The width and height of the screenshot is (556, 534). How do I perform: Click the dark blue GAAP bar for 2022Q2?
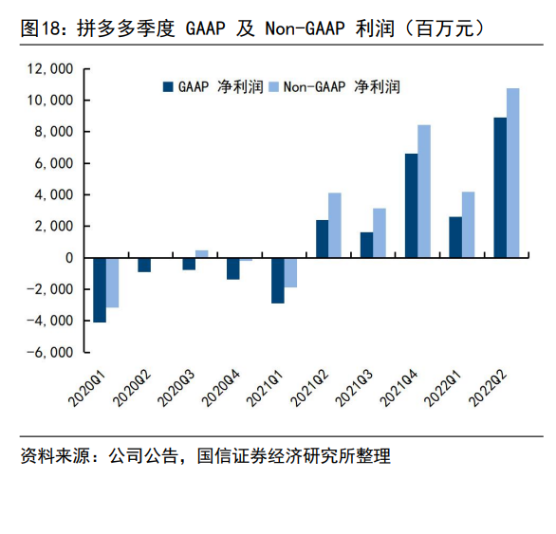coord(500,187)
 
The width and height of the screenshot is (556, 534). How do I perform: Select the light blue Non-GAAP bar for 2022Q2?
coord(512,173)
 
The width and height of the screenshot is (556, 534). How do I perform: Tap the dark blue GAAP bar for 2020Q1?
coord(100,290)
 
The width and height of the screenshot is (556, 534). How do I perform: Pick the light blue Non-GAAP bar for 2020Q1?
coord(112,283)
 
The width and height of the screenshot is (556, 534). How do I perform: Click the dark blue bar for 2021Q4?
coord(412,206)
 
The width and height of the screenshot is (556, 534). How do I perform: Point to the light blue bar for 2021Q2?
coord(335,225)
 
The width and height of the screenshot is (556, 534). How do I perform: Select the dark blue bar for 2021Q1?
coord(278,281)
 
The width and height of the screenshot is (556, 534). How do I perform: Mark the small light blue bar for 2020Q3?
coord(202,254)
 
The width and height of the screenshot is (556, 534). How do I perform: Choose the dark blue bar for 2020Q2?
coord(144,266)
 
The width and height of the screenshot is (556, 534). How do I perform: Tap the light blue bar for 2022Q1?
coord(468,225)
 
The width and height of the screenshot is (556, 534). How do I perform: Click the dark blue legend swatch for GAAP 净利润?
coord(168,87)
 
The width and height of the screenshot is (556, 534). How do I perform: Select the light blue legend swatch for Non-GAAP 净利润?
coord(274,87)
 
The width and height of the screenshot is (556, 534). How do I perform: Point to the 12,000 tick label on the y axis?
coord(50,69)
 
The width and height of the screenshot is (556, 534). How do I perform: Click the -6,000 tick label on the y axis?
coord(50,353)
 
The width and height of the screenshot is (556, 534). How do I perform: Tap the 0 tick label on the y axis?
coord(69,258)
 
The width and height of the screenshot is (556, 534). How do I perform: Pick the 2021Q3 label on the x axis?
coord(354,388)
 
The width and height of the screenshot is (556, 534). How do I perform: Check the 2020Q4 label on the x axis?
coord(220,388)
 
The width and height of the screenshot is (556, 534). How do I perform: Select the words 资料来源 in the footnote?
coord(55,456)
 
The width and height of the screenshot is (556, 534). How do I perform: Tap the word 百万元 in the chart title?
coord(445,28)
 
